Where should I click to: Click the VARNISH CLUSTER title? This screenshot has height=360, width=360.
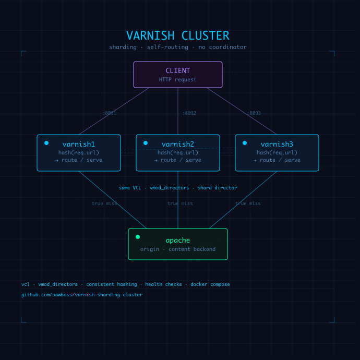coord(177,35)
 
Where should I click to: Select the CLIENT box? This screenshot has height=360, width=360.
coord(178,75)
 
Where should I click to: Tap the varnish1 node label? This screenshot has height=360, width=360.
coord(79,144)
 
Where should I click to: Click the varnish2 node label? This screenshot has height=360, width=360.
coord(178,144)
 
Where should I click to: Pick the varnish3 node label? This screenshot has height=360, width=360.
coord(277,144)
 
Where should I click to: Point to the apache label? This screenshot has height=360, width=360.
coord(178,241)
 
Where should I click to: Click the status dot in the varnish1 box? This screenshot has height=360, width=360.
coord(46,143)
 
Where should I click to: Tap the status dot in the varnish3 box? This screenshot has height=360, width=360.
coord(245,143)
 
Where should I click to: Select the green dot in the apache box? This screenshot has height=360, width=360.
coord(138,237)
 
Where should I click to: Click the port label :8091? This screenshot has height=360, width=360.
coord(110,113)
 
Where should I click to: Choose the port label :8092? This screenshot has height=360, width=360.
coord(189,113)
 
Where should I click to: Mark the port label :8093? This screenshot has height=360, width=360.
coord(254,113)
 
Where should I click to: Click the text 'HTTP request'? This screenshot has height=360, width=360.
coord(178,80)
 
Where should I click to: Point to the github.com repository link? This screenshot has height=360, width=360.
coord(82,295)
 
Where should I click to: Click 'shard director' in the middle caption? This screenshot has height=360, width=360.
coord(217,188)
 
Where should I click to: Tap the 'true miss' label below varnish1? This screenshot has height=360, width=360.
coord(104,203)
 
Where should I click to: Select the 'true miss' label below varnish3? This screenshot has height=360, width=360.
coord(248,203)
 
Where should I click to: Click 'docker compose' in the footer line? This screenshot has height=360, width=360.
coord(210,284)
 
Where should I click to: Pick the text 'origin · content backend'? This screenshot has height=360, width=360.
coord(178,249)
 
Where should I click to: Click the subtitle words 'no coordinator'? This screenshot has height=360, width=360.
coord(225,47)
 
